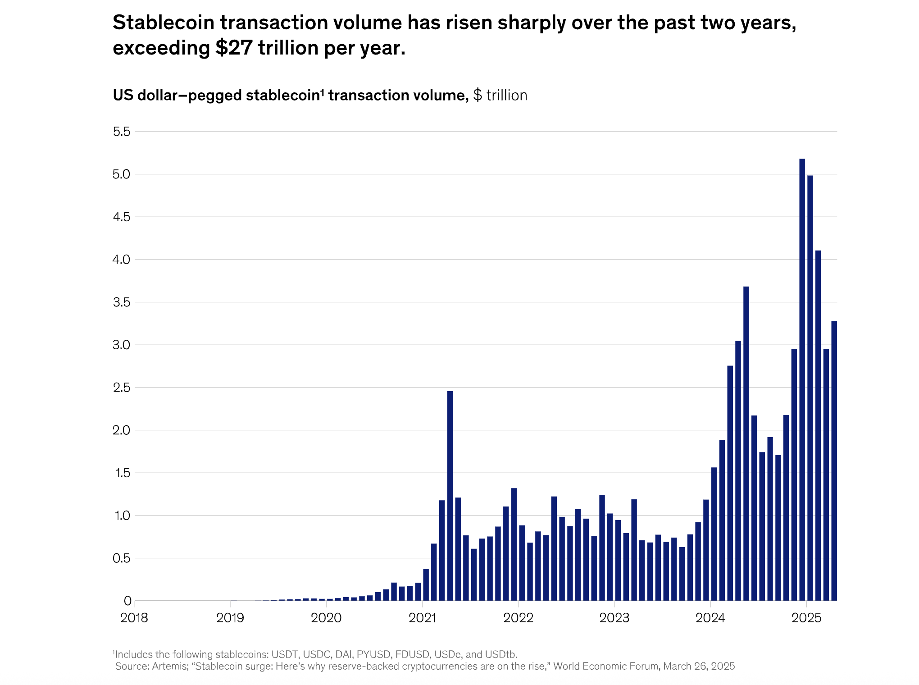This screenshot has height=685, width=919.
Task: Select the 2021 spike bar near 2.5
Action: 450,496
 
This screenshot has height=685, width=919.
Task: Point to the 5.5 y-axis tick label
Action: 121,132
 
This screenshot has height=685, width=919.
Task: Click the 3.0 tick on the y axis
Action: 121,345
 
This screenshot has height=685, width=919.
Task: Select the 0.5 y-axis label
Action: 121,558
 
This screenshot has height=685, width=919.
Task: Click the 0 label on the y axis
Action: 127,601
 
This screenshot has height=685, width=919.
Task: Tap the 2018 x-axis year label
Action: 134,618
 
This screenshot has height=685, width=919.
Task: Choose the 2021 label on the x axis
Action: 422,618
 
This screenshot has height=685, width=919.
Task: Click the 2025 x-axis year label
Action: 806,618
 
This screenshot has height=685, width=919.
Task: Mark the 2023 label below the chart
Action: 614,618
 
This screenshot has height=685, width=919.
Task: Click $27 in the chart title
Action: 234,48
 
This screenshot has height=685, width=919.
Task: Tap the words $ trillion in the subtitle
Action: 500,96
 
